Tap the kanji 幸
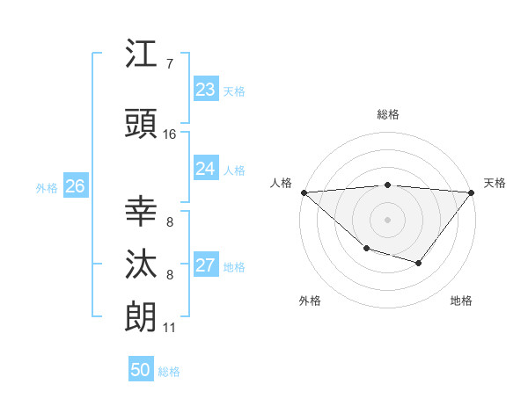141,211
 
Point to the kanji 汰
141,264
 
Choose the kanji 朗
141,316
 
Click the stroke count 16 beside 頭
170,134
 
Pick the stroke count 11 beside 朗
169,328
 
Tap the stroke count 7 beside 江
169,64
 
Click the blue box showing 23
205,90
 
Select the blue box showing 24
205,169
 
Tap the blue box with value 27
205,265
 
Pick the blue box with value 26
75,186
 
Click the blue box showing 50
140,370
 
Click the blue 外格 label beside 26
47,187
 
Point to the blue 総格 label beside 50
169,372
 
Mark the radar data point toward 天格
472,192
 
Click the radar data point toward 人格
304,192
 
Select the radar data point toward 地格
419,263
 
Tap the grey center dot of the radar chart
387,219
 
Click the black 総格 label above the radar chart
388,114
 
